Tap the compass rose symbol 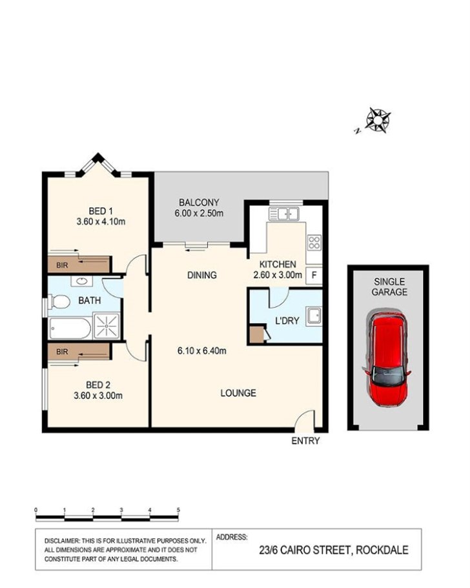(378, 119)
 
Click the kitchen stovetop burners (315, 243)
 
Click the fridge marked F (314, 276)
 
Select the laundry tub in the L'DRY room (314, 316)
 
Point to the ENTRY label (305, 441)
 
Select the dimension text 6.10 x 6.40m (202, 352)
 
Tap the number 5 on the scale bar (178, 510)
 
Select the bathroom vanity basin (83, 281)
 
